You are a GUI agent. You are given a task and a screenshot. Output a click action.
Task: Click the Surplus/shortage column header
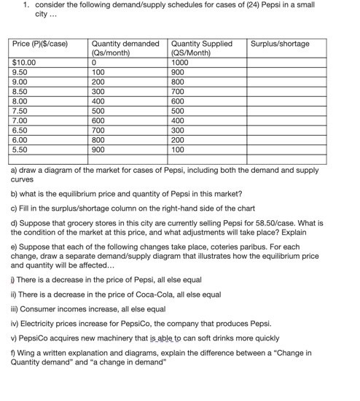279,44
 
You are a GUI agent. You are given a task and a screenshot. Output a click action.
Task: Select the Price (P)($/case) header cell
40,44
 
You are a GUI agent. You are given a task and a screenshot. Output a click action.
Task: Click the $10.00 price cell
24,63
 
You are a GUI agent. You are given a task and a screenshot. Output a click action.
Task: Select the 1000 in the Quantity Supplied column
179,63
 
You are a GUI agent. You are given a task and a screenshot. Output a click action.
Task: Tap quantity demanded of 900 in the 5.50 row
98,149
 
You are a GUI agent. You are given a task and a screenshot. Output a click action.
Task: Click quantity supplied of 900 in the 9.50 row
177,72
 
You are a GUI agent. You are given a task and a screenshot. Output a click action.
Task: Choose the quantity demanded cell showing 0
94,63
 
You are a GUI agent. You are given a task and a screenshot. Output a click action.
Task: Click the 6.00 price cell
20,139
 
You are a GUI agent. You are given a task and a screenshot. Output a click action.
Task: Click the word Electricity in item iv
36,323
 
